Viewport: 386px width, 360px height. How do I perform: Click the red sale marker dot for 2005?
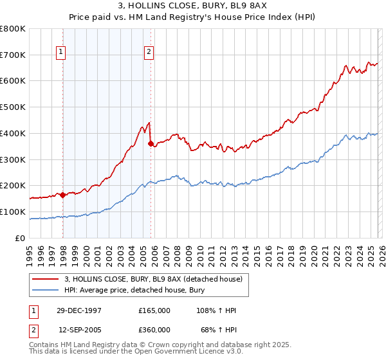(151, 144)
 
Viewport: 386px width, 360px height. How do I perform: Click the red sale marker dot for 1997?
(63, 195)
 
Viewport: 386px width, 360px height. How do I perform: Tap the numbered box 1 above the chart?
(61, 53)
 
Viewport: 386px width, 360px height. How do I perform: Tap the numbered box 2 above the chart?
(149, 53)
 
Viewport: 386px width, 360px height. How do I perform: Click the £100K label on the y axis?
(13, 212)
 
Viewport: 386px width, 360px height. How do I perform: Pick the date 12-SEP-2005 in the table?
(80, 330)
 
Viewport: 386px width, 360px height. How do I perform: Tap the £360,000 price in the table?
(154, 330)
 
